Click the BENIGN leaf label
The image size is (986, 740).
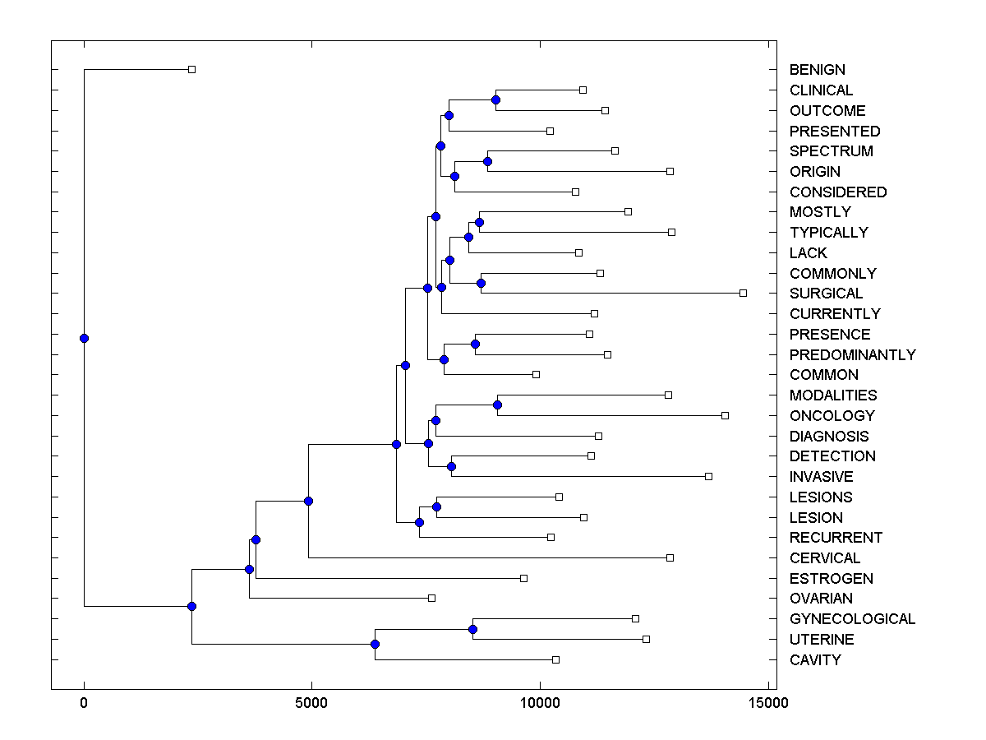coord(817,70)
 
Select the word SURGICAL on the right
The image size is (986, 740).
coord(826,294)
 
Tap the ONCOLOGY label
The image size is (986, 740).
coord(832,416)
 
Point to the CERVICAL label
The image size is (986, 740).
coord(825,558)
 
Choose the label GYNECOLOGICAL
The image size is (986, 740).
coord(852,619)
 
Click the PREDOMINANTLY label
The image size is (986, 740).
coord(852,355)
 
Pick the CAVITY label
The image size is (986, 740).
coord(815,660)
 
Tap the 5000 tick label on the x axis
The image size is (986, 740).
coord(311,703)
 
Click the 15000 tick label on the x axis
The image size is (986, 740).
coord(767,703)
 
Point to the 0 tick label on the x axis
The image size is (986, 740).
coord(84,703)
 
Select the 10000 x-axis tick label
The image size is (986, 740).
coord(540,703)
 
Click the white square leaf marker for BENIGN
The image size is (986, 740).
coord(191,70)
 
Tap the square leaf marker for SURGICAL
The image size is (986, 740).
coord(743,293)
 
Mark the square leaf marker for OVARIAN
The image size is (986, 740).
coord(431,598)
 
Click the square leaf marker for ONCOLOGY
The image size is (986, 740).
coord(725,415)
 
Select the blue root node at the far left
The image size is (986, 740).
coord(84,338)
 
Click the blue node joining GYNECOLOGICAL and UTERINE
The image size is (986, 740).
coord(472,629)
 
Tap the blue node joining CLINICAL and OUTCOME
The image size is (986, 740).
coord(495,99)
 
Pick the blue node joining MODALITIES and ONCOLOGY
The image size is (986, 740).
coord(497,405)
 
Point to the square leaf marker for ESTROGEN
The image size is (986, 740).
coord(523,578)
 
